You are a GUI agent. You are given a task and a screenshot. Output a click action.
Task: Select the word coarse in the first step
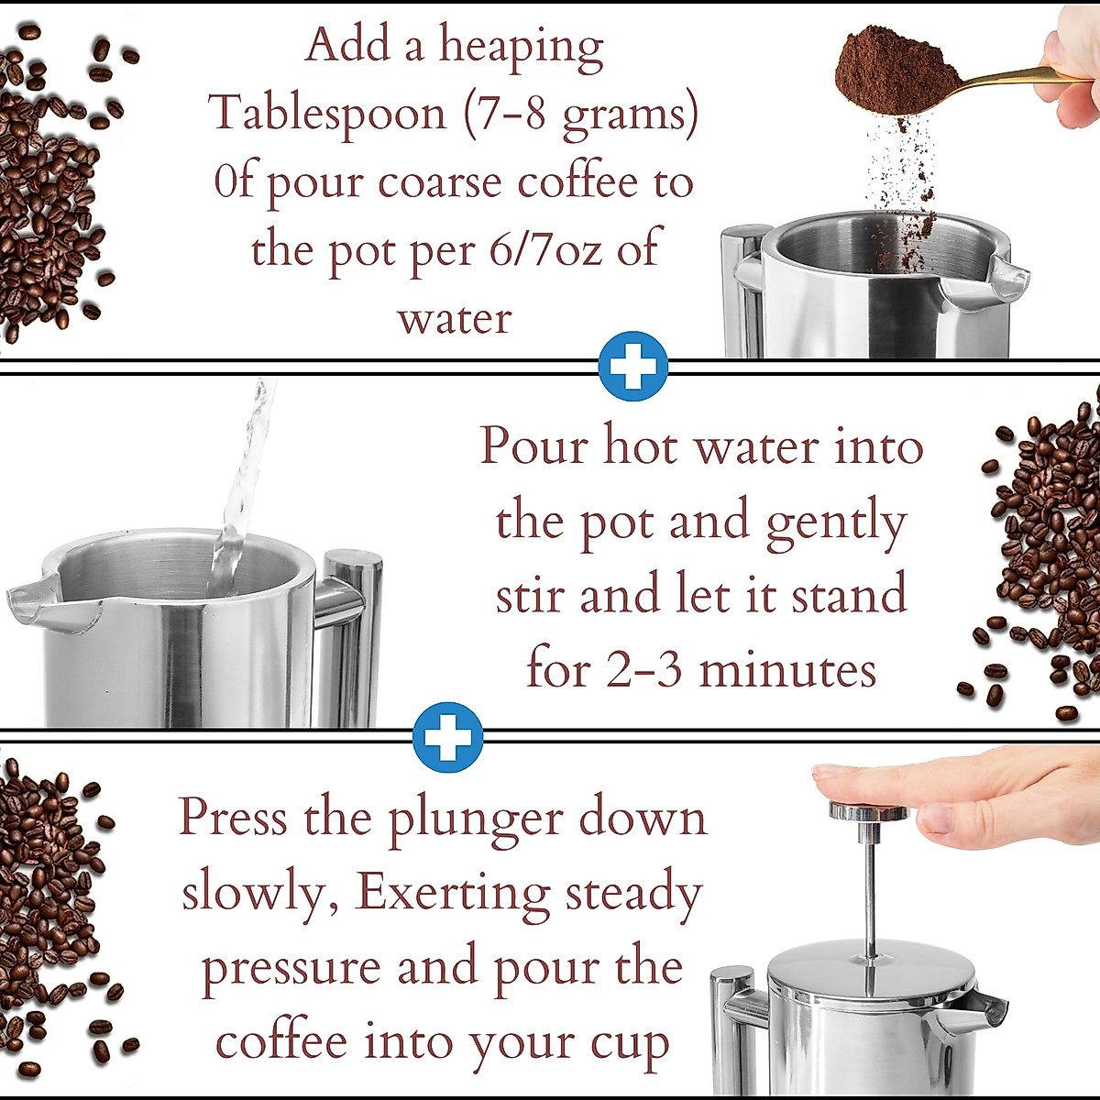click(x=441, y=181)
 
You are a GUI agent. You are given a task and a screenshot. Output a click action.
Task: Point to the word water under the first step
click(x=454, y=319)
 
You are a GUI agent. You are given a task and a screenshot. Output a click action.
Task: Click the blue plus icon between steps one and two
click(x=632, y=366)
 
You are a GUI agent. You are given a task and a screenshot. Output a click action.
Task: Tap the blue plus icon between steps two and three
click(x=447, y=737)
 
